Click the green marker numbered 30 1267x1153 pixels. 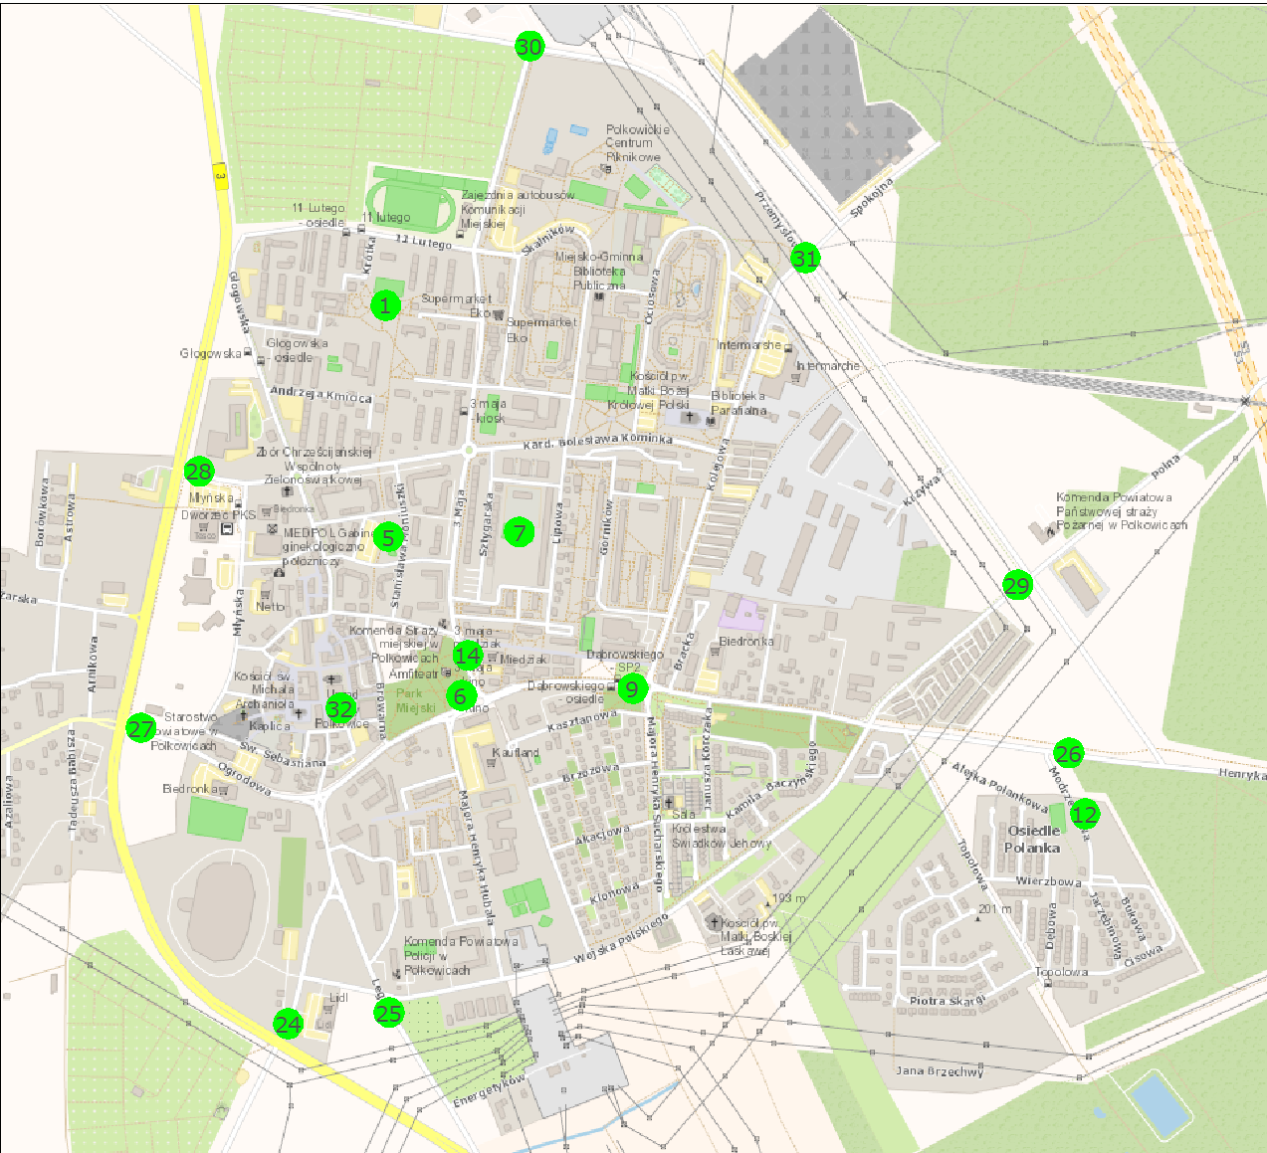[x=529, y=47]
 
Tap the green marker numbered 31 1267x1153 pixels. [x=804, y=259]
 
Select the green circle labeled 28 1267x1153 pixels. [x=199, y=472]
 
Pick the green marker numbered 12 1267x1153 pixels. [x=1084, y=815]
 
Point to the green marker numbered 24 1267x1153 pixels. [x=288, y=1024]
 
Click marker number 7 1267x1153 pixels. [x=519, y=532]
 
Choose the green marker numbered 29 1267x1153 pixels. [x=1017, y=586]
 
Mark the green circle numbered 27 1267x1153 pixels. [x=141, y=728]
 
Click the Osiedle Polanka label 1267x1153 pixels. [x=1033, y=840]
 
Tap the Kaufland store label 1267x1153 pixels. [x=516, y=753]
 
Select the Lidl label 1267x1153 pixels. [x=338, y=997]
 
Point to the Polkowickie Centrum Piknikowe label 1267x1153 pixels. [x=637, y=143]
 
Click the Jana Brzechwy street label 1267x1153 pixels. [x=940, y=1071]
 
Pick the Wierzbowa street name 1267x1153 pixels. [x=1048, y=881]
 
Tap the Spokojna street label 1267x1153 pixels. [x=872, y=197]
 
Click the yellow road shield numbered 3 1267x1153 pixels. [x=220, y=177]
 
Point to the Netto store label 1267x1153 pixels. [x=270, y=606]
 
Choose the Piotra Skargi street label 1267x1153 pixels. [x=947, y=1001]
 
